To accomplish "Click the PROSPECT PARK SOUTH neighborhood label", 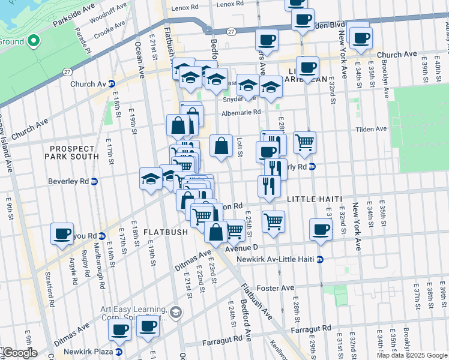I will [x=72, y=152].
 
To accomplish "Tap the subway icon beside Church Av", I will [x=111, y=84].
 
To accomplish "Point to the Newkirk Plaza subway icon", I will [x=119, y=352].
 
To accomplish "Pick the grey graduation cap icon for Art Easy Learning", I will [x=176, y=312].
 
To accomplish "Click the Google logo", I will [x=19, y=353].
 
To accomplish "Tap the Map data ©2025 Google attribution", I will [x=411, y=355].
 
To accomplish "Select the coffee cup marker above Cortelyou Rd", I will [x=62, y=233].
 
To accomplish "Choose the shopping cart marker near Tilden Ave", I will [x=304, y=142].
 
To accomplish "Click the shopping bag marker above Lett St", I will [x=221, y=146].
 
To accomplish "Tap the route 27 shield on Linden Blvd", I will [x=231, y=32].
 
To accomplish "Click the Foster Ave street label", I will [x=276, y=288].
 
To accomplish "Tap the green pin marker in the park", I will [x=34, y=41].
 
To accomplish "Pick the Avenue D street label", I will [x=241, y=247].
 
